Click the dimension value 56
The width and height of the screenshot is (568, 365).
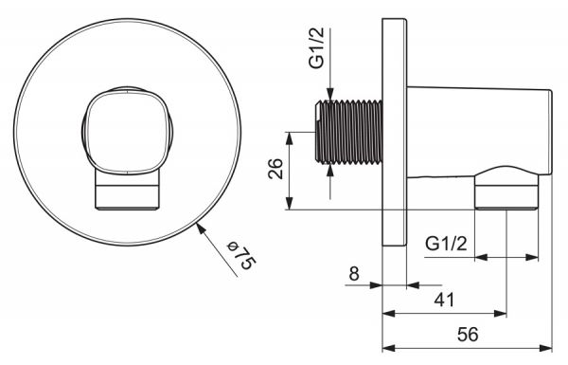(x=468, y=334)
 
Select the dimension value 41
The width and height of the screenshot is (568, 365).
(x=444, y=300)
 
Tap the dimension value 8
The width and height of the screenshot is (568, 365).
(x=354, y=274)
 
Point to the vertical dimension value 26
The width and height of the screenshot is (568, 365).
(x=275, y=169)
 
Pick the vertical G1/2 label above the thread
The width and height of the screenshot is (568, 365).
(x=316, y=48)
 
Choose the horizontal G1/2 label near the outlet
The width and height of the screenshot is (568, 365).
(x=446, y=244)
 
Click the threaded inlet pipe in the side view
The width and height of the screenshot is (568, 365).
(x=348, y=132)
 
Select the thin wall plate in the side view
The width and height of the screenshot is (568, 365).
(x=395, y=133)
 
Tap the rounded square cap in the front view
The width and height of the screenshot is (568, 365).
(x=127, y=131)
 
